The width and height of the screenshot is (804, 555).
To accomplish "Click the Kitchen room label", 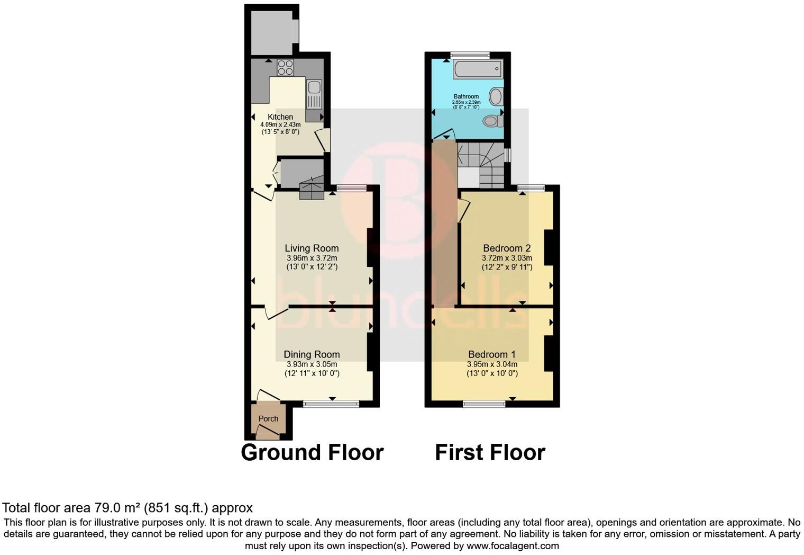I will (280, 117).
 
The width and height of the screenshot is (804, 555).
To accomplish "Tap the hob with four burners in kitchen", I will (285, 67).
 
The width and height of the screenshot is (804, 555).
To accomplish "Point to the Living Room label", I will (312, 248).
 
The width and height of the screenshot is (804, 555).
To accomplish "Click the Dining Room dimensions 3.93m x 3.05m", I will (312, 364).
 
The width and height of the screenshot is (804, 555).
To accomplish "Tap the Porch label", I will (268, 419).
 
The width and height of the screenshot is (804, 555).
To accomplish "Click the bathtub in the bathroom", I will (477, 69).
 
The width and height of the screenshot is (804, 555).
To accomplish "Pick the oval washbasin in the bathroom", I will (496, 96).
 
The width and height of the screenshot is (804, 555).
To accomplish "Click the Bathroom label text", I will (466, 96).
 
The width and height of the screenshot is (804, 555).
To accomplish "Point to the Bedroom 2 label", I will (506, 248).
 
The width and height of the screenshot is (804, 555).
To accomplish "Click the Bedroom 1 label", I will (491, 355).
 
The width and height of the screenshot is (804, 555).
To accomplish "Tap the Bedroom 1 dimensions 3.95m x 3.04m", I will (491, 364).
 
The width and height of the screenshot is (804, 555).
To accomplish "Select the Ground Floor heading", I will (312, 453).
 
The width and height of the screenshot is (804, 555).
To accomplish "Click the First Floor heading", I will (490, 453).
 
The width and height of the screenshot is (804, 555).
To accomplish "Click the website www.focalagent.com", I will (513, 545).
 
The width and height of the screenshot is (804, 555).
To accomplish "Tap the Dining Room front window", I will (331, 404).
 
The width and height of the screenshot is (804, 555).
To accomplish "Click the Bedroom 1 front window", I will (484, 404).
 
